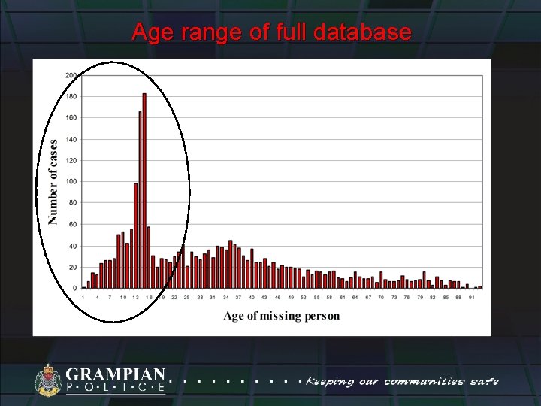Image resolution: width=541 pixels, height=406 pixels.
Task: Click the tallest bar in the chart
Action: (x=144, y=191)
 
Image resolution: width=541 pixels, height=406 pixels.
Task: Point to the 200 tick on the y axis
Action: (x=71, y=75)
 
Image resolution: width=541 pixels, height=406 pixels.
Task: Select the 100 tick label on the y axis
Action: (x=71, y=182)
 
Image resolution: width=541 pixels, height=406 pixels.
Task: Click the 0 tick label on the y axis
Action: (x=74, y=289)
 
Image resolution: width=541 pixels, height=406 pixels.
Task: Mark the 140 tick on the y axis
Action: (x=71, y=139)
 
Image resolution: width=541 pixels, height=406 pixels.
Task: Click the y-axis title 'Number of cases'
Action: (x=53, y=181)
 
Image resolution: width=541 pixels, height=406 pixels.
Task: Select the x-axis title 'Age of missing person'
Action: (x=281, y=315)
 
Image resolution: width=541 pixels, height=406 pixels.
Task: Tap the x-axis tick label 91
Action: (x=472, y=298)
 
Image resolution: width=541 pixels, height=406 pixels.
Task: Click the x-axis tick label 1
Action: (x=83, y=298)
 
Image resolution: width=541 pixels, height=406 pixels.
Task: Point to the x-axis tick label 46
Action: (x=277, y=298)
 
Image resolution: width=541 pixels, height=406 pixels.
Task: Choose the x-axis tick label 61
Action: (x=342, y=298)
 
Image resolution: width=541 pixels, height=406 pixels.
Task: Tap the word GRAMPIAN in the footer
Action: (x=116, y=374)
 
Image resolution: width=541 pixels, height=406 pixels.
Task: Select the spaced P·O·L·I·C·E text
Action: (x=116, y=388)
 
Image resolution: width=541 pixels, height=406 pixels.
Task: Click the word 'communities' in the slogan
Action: (x=424, y=381)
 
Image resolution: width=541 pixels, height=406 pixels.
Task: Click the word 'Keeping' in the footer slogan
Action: (x=330, y=382)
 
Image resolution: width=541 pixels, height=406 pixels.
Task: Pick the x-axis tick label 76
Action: (x=407, y=298)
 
